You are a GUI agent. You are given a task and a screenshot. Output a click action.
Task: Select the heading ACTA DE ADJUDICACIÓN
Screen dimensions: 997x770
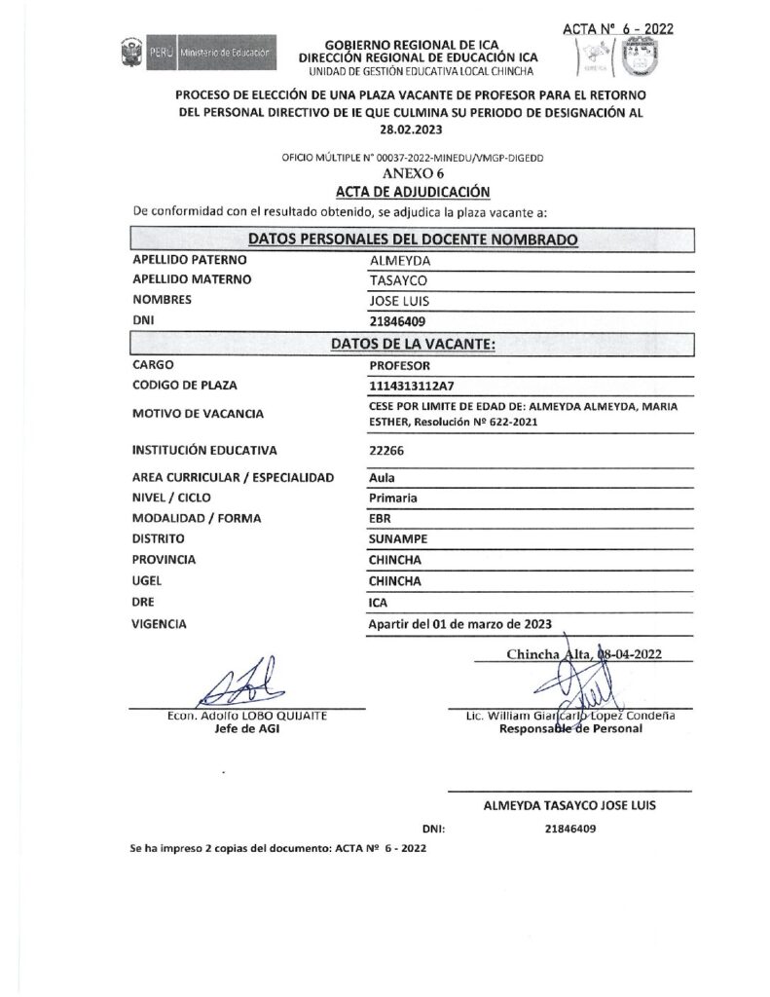(x=413, y=191)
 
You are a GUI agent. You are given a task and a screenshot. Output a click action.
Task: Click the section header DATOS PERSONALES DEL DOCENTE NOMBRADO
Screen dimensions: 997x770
(x=413, y=239)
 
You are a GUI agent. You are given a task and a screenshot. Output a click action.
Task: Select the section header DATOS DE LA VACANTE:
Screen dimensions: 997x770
(x=413, y=344)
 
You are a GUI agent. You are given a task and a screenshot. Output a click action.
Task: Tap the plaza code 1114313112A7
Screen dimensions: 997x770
(x=414, y=386)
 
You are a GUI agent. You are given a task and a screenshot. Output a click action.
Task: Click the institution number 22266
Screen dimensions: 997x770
(x=387, y=451)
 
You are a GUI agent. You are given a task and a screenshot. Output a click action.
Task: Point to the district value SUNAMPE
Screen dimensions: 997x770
(x=399, y=539)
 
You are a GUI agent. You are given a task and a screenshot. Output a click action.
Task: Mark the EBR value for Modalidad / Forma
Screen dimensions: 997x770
(x=381, y=518)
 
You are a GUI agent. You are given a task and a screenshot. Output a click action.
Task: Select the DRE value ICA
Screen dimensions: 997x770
(x=380, y=603)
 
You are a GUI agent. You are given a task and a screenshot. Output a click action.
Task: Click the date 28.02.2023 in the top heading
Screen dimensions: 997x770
(x=412, y=130)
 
